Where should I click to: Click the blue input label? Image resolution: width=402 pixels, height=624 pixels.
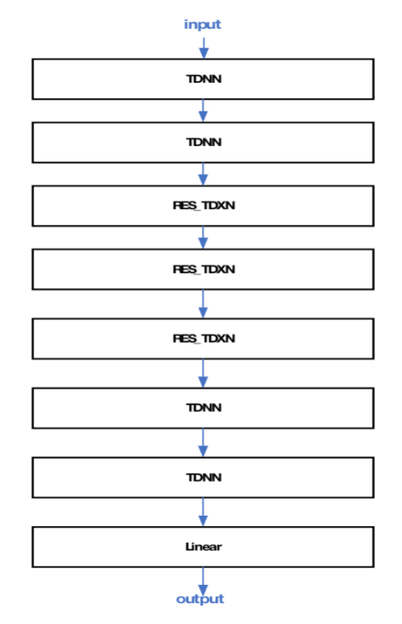(x=202, y=25)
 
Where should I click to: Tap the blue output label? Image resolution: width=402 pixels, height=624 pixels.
(x=200, y=599)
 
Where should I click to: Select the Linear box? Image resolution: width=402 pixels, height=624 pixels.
(x=203, y=547)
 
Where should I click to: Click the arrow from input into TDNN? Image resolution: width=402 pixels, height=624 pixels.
(x=203, y=48)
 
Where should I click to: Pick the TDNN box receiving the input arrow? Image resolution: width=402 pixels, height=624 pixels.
(x=203, y=79)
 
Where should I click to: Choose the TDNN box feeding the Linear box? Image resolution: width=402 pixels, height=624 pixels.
(x=203, y=477)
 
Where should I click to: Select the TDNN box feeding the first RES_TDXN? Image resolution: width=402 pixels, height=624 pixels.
(x=203, y=143)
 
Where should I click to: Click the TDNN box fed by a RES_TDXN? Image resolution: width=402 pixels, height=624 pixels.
(x=203, y=408)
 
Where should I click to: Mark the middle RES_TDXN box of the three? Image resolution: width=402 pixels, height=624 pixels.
(x=203, y=269)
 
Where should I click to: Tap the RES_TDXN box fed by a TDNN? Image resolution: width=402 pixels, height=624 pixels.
(x=203, y=206)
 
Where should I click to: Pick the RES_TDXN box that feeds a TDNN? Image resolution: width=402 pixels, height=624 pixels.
(x=203, y=338)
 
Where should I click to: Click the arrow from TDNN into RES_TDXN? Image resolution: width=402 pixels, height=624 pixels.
(x=203, y=174)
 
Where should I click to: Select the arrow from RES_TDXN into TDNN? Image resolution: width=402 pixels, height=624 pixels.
(x=203, y=374)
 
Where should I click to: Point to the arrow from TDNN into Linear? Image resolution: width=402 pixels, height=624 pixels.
(x=203, y=512)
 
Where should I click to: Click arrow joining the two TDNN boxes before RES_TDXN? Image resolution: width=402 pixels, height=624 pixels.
(x=203, y=111)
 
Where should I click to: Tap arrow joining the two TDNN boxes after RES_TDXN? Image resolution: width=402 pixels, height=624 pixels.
(x=203, y=443)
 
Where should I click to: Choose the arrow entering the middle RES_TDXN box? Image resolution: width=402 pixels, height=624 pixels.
(x=203, y=238)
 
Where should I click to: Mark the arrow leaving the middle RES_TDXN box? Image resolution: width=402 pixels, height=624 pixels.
(x=203, y=304)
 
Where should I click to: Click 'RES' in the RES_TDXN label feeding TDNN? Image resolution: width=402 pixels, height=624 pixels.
(x=184, y=338)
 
